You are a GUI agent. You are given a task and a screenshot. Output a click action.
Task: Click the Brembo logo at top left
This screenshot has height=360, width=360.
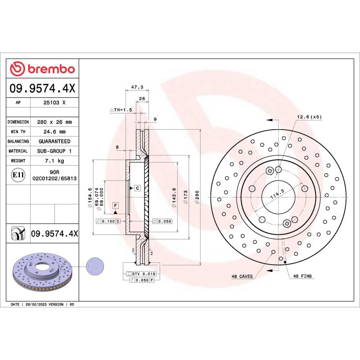(x=42, y=69)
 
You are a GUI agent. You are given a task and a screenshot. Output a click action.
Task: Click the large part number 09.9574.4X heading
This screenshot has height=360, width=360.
(x=42, y=90)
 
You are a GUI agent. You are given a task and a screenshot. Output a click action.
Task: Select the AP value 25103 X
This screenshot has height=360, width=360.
(x=54, y=103)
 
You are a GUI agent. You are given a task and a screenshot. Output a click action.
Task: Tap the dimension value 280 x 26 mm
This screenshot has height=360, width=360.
(x=54, y=122)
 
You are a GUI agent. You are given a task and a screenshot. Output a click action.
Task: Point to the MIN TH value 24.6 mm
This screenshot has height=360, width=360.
(x=54, y=132)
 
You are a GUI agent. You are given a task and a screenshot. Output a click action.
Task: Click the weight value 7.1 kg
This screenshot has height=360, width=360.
(x=54, y=161)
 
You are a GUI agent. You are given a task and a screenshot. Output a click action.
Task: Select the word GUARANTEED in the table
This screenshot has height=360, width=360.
(x=54, y=141)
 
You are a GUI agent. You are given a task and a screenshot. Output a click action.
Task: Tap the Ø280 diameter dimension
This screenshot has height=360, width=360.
(x=197, y=197)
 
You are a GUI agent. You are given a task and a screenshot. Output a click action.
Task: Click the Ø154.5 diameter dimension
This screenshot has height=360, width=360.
(x=90, y=197)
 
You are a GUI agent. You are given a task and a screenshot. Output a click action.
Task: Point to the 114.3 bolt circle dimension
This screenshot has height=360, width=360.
(x=277, y=194)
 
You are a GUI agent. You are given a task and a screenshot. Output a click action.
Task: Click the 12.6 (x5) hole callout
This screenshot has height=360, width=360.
(x=309, y=117)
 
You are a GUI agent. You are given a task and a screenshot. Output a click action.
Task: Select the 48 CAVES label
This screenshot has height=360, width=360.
(x=242, y=276)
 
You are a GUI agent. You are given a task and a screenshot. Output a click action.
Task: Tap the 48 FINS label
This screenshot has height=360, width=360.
(x=302, y=276)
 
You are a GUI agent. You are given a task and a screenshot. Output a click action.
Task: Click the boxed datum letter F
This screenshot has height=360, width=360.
(x=116, y=206)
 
